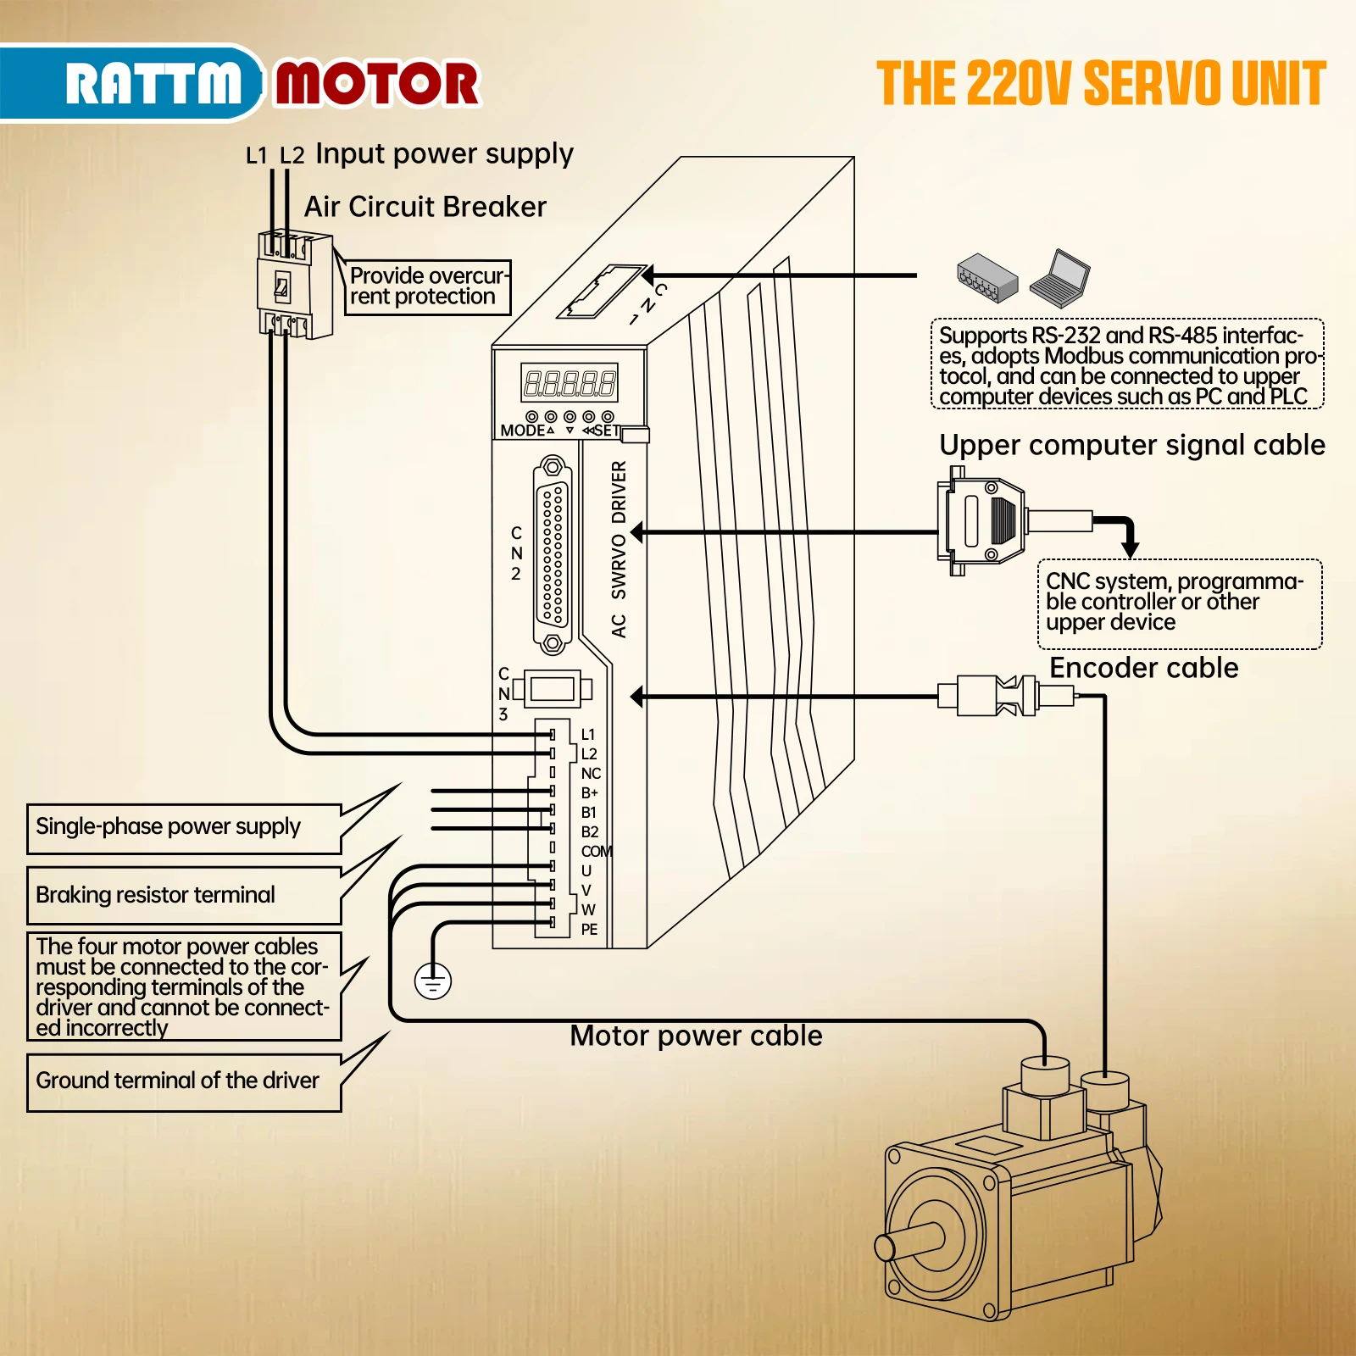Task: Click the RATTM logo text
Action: tap(153, 83)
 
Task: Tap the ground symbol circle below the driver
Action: tap(433, 981)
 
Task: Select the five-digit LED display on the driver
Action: tap(569, 383)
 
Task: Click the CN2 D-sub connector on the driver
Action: tap(553, 555)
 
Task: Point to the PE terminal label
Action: tap(590, 930)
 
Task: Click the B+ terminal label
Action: tap(590, 793)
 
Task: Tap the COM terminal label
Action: tap(596, 851)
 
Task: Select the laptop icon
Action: tap(1060, 278)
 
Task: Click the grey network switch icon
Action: tap(986, 278)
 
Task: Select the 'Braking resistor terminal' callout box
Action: tap(184, 895)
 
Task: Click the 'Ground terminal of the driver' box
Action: tap(184, 1081)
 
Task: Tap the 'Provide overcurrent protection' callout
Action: tap(427, 287)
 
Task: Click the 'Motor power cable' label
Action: tap(696, 1036)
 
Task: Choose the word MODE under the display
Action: tap(522, 431)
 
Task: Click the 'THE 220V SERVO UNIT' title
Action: tap(1100, 84)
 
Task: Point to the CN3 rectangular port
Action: tap(553, 689)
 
